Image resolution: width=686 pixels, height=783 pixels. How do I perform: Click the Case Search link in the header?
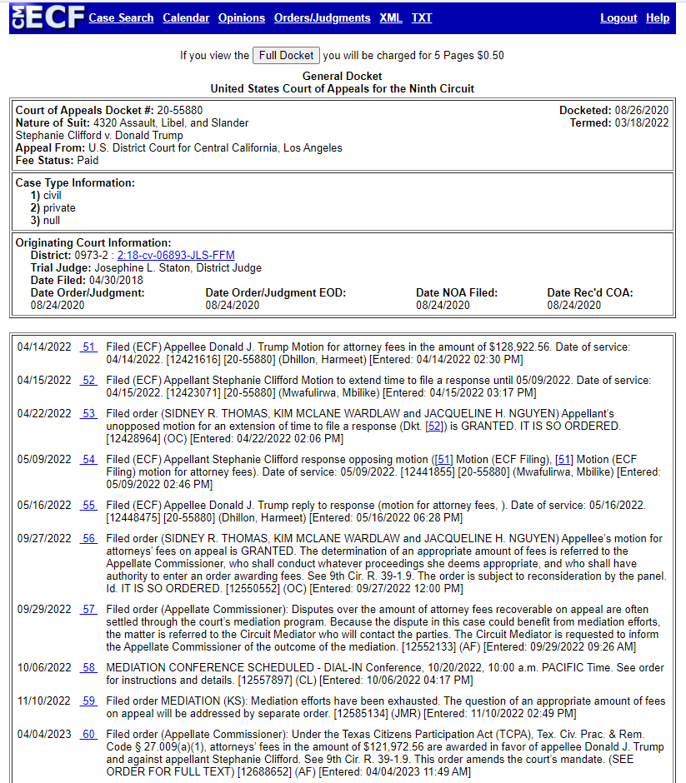tap(121, 17)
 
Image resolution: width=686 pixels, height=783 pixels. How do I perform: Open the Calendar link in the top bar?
tap(186, 17)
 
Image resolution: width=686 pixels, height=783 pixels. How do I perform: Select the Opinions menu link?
tap(242, 17)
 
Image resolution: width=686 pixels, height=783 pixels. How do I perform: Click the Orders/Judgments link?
tap(322, 17)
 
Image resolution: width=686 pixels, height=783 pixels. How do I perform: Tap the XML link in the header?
tap(390, 17)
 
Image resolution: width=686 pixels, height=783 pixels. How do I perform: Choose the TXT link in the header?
tap(422, 17)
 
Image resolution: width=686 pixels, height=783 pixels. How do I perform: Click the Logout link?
tap(618, 17)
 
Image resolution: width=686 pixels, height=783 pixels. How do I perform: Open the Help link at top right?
tap(658, 17)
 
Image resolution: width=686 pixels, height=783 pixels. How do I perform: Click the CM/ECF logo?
tap(48, 17)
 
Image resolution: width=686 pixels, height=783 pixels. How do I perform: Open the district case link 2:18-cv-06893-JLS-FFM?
tap(176, 255)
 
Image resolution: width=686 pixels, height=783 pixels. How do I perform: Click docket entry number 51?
tap(88, 347)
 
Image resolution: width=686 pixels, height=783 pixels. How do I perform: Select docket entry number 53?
tap(88, 413)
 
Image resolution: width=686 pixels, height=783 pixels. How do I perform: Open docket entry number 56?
tap(88, 538)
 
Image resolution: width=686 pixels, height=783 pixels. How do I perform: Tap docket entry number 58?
tap(88, 667)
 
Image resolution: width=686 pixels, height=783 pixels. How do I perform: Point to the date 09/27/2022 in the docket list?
tap(44, 538)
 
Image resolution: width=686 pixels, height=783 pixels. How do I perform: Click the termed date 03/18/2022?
tap(642, 122)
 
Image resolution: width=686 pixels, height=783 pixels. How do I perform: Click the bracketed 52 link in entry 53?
tap(433, 426)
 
